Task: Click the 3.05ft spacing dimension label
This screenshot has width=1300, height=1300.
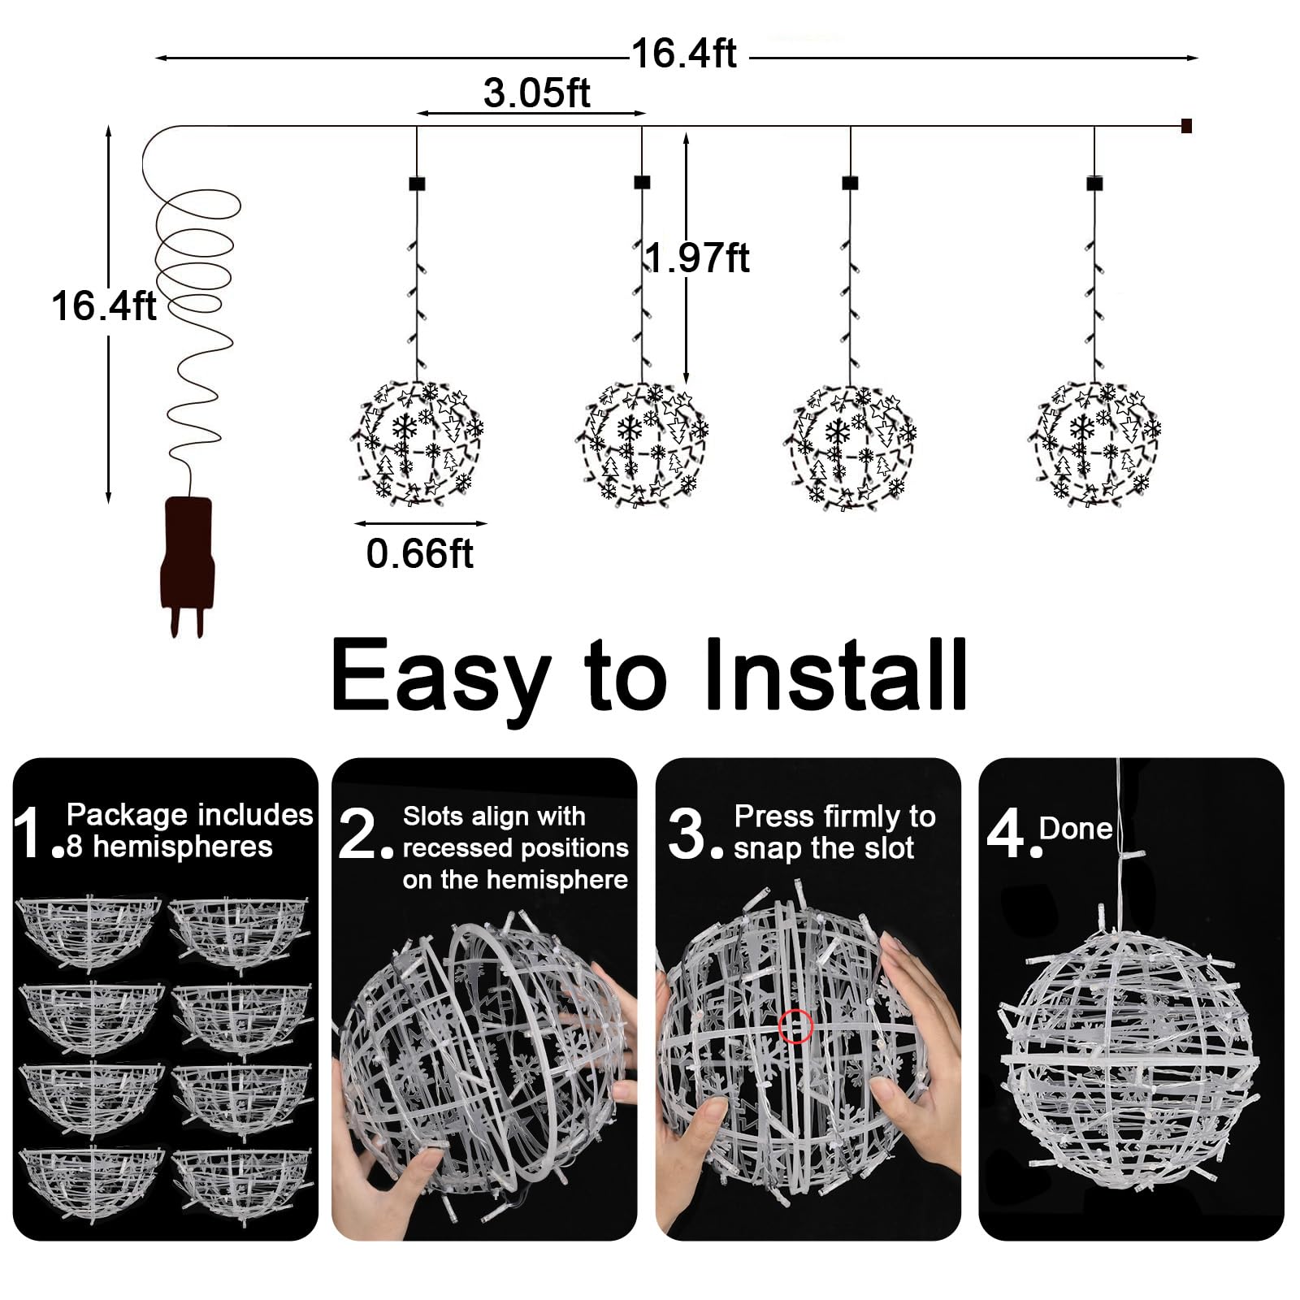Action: coord(536,93)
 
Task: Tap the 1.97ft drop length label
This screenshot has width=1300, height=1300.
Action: coord(697,258)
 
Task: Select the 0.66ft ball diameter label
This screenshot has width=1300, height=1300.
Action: coord(419,554)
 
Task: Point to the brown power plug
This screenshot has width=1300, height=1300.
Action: coord(188,565)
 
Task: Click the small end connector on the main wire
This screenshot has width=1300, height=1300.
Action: coord(1186,126)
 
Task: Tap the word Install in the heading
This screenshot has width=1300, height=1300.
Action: coord(835,674)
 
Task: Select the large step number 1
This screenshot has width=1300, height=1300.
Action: coord(30,832)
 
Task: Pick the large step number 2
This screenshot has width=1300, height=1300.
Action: coord(357,834)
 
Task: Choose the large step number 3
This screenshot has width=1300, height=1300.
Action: coord(687,834)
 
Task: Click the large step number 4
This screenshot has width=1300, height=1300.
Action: coord(1007,834)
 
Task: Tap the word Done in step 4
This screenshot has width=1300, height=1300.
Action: coord(1076,829)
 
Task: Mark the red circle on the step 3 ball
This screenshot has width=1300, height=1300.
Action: coord(795,1026)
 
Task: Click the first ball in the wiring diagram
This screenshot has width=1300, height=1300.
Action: coord(418,443)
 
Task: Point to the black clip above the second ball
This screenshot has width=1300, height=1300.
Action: coord(642,182)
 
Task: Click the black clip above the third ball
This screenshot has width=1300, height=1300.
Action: coord(850,182)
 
